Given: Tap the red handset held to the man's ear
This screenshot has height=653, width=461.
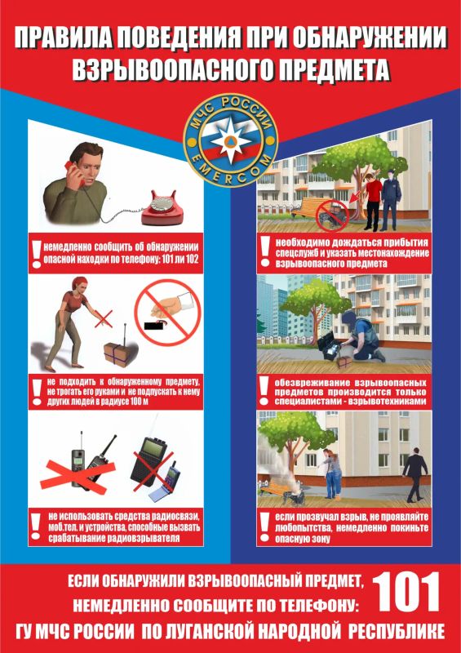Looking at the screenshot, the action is pos(74,172).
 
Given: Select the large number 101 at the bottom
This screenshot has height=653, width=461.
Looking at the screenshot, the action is pos(406,591).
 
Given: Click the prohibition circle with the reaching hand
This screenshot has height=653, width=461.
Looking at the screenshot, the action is pos(167,313).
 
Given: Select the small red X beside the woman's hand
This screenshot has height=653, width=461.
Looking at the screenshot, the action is pos(104,318).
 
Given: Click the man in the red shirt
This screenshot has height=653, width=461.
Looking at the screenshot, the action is pos(374,202).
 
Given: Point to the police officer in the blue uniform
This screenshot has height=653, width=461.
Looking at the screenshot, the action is pos(390,202).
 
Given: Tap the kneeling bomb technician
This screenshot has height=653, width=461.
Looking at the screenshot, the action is pos(361,337).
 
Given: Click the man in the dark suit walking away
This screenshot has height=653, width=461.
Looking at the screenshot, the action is pos(414,474).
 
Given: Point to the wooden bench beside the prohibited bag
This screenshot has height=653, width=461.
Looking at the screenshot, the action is pos(309,207).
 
